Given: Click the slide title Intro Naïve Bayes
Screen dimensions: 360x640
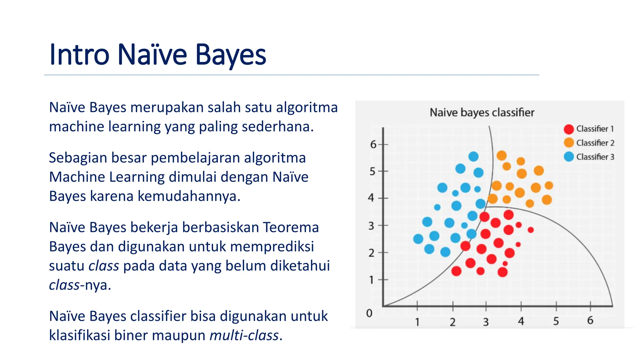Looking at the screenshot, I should (x=158, y=55).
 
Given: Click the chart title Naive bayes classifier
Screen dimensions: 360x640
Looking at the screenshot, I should (x=482, y=112).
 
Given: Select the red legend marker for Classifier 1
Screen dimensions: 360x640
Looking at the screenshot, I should (x=569, y=129).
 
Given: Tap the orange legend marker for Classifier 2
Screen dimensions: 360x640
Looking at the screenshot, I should (x=569, y=143).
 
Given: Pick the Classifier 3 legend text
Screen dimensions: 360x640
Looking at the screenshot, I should (x=595, y=157).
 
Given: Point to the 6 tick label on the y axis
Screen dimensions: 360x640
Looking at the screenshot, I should (x=373, y=144).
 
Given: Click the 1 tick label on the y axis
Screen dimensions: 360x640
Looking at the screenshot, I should (x=371, y=280).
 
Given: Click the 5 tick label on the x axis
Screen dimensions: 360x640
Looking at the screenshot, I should (x=556, y=321).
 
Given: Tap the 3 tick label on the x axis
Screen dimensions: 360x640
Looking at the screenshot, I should (x=486, y=322).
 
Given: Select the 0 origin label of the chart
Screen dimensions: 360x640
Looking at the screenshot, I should (x=369, y=313).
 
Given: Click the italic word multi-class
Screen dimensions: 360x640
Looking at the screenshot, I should (x=244, y=336).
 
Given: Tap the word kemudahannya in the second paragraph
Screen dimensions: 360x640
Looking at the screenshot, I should (x=189, y=197).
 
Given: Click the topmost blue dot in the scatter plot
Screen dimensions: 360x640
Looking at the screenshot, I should (x=473, y=156).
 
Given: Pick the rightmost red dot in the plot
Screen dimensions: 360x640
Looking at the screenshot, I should (x=530, y=230).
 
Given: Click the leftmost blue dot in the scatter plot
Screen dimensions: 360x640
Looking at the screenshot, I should (x=418, y=239).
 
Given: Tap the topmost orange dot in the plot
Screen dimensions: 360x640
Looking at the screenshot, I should (x=502, y=155).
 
